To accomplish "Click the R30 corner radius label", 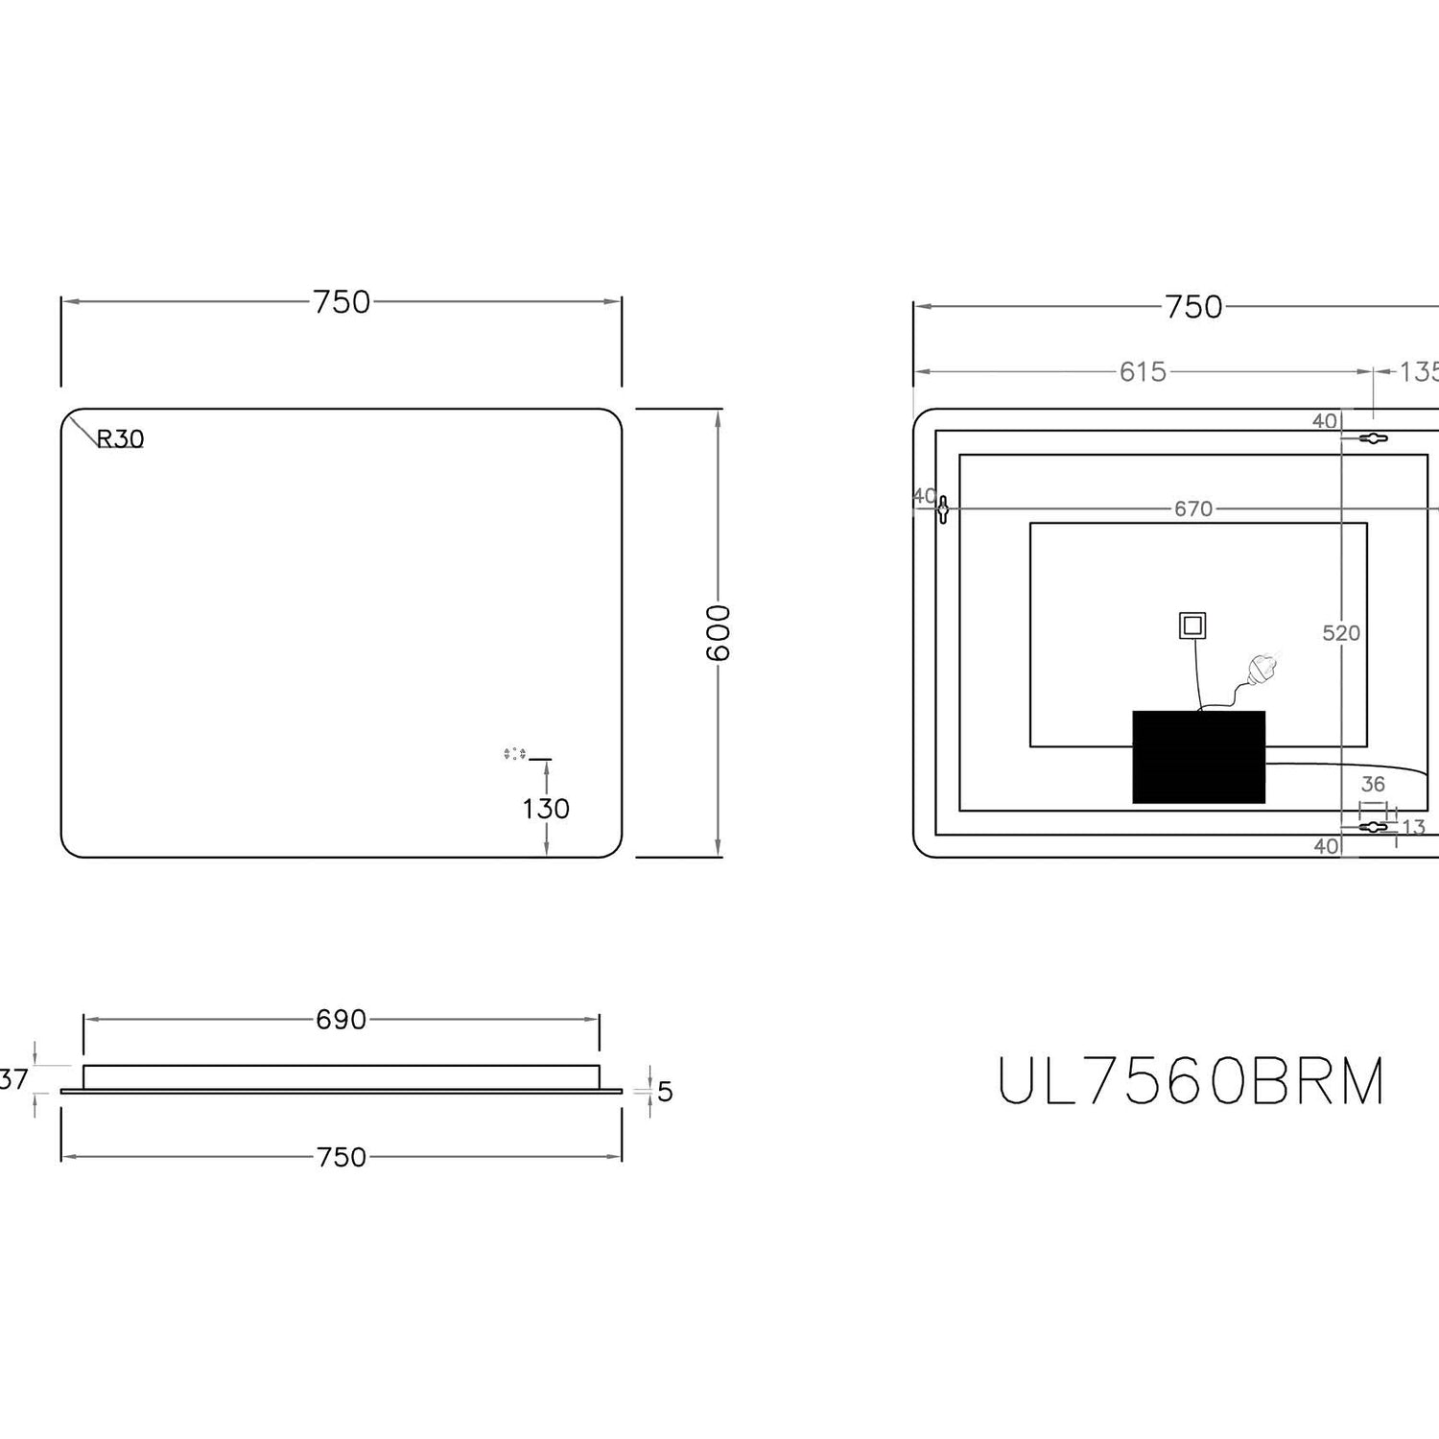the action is [121, 438].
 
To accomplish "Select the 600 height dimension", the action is [719, 633].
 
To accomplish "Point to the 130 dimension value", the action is [546, 809].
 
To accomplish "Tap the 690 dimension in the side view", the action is [342, 1020].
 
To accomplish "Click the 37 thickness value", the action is [13, 1079].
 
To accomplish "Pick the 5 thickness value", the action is [665, 1092].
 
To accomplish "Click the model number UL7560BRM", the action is [1191, 1081].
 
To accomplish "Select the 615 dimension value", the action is [1143, 371].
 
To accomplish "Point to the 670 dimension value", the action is [1193, 508].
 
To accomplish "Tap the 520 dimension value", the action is [1341, 633].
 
